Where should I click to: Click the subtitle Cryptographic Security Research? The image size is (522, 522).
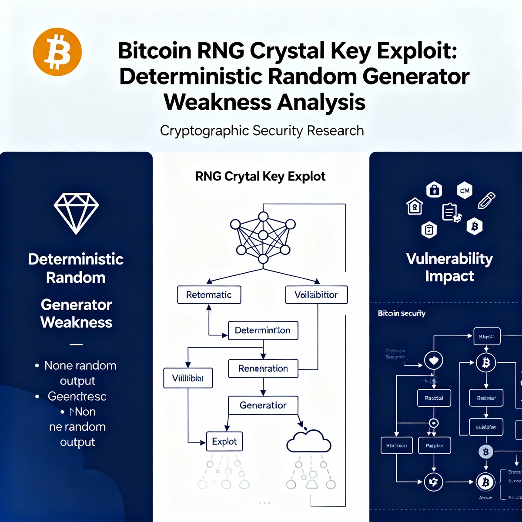tap(262, 130)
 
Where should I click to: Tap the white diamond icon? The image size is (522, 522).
tap(76, 213)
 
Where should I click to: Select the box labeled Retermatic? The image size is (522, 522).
tap(209, 294)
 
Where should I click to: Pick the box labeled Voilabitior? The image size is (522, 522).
tap(316, 294)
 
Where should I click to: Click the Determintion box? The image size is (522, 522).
tap(263, 330)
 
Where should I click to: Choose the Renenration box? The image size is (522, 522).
tap(263, 368)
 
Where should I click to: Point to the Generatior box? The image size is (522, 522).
tap(263, 405)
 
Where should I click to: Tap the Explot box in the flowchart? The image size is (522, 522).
tap(224, 442)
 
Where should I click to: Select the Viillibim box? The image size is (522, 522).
tap(188, 378)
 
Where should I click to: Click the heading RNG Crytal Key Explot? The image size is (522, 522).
tap(260, 176)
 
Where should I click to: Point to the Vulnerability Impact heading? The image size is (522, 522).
tap(449, 267)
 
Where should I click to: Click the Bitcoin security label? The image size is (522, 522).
tap(402, 313)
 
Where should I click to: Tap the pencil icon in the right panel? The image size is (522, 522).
tap(486, 200)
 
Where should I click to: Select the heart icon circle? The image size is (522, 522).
tap(433, 360)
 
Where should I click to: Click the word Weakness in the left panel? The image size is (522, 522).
tap(76, 322)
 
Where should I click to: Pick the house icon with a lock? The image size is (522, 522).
tap(415, 207)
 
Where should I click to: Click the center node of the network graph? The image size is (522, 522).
tap(263, 235)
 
